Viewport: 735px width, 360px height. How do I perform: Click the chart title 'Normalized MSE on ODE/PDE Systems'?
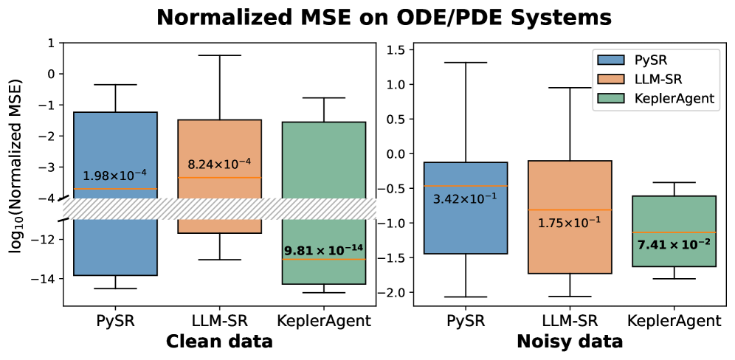[367, 18]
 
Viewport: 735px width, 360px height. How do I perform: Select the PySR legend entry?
[649, 60]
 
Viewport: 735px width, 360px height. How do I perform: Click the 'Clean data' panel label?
[219, 342]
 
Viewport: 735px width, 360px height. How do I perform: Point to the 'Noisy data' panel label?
[570, 342]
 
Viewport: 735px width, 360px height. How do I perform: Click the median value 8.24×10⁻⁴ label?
[219, 162]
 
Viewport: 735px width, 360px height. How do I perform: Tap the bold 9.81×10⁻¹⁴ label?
[324, 250]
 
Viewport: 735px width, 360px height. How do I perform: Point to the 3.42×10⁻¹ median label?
[466, 198]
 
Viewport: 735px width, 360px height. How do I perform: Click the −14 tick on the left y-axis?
[46, 279]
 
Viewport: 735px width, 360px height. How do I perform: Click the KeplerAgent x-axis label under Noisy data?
[674, 321]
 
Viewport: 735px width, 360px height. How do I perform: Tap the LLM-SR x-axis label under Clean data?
[219, 321]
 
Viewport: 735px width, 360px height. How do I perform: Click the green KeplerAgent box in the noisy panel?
[674, 214]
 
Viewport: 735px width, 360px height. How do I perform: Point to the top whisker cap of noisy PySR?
[466, 62]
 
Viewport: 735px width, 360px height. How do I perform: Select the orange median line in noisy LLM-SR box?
[570, 210]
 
